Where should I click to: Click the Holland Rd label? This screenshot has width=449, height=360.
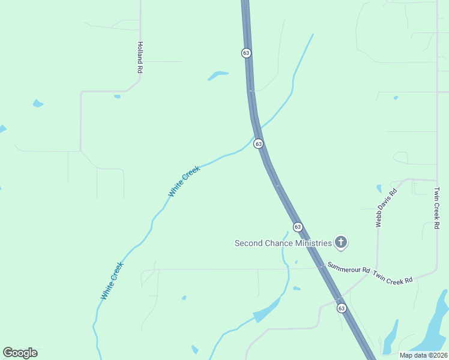140,58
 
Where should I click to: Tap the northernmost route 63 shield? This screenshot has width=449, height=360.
246,53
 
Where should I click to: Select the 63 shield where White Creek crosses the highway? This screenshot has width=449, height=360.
258,143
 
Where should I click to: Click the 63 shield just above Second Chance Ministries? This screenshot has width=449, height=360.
298,226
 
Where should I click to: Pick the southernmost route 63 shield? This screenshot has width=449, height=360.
342,308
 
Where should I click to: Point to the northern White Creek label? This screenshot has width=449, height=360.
184,181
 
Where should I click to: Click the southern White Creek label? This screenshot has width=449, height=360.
112,281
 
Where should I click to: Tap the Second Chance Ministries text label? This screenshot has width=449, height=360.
283,243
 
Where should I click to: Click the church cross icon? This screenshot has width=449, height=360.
341,242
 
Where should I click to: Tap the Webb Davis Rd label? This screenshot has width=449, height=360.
387,208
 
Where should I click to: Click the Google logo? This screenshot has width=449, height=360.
20,353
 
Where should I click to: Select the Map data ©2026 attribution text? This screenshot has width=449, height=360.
423,355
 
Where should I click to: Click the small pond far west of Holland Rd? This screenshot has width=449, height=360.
38,103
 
